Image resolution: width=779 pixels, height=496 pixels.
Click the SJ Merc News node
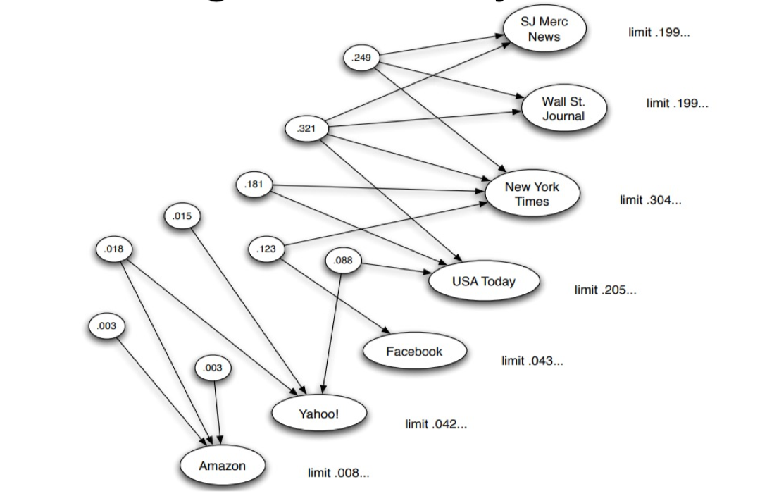[544, 30]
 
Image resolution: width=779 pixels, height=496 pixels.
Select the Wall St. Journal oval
[563, 108]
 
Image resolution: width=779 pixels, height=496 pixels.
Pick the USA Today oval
[483, 282]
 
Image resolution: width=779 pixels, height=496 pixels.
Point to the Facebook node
[414, 352]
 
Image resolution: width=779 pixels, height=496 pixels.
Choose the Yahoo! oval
[318, 414]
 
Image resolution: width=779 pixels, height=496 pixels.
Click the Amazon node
[222, 466]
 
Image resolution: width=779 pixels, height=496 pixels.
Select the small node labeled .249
[361, 57]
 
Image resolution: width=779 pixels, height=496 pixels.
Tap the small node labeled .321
[306, 129]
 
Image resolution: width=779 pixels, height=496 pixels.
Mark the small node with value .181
[253, 185]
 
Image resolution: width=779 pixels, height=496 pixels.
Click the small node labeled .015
[182, 216]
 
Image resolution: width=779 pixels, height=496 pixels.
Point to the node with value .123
[266, 249]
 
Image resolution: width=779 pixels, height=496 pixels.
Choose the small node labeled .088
[344, 261]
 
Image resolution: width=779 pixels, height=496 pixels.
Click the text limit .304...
[650, 200]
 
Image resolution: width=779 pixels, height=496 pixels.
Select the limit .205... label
[605, 290]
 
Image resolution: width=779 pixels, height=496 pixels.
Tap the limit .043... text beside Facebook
[532, 361]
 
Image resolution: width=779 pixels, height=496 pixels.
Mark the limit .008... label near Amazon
[338, 473]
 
